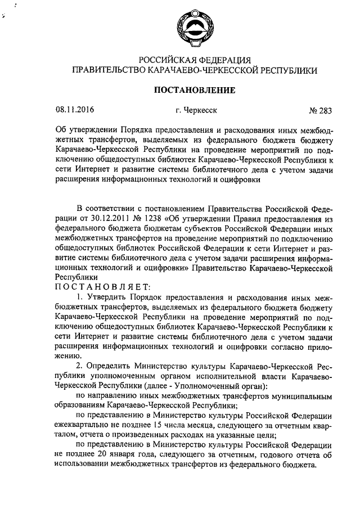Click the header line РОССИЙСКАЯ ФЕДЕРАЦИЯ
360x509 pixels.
click(x=194, y=60)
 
